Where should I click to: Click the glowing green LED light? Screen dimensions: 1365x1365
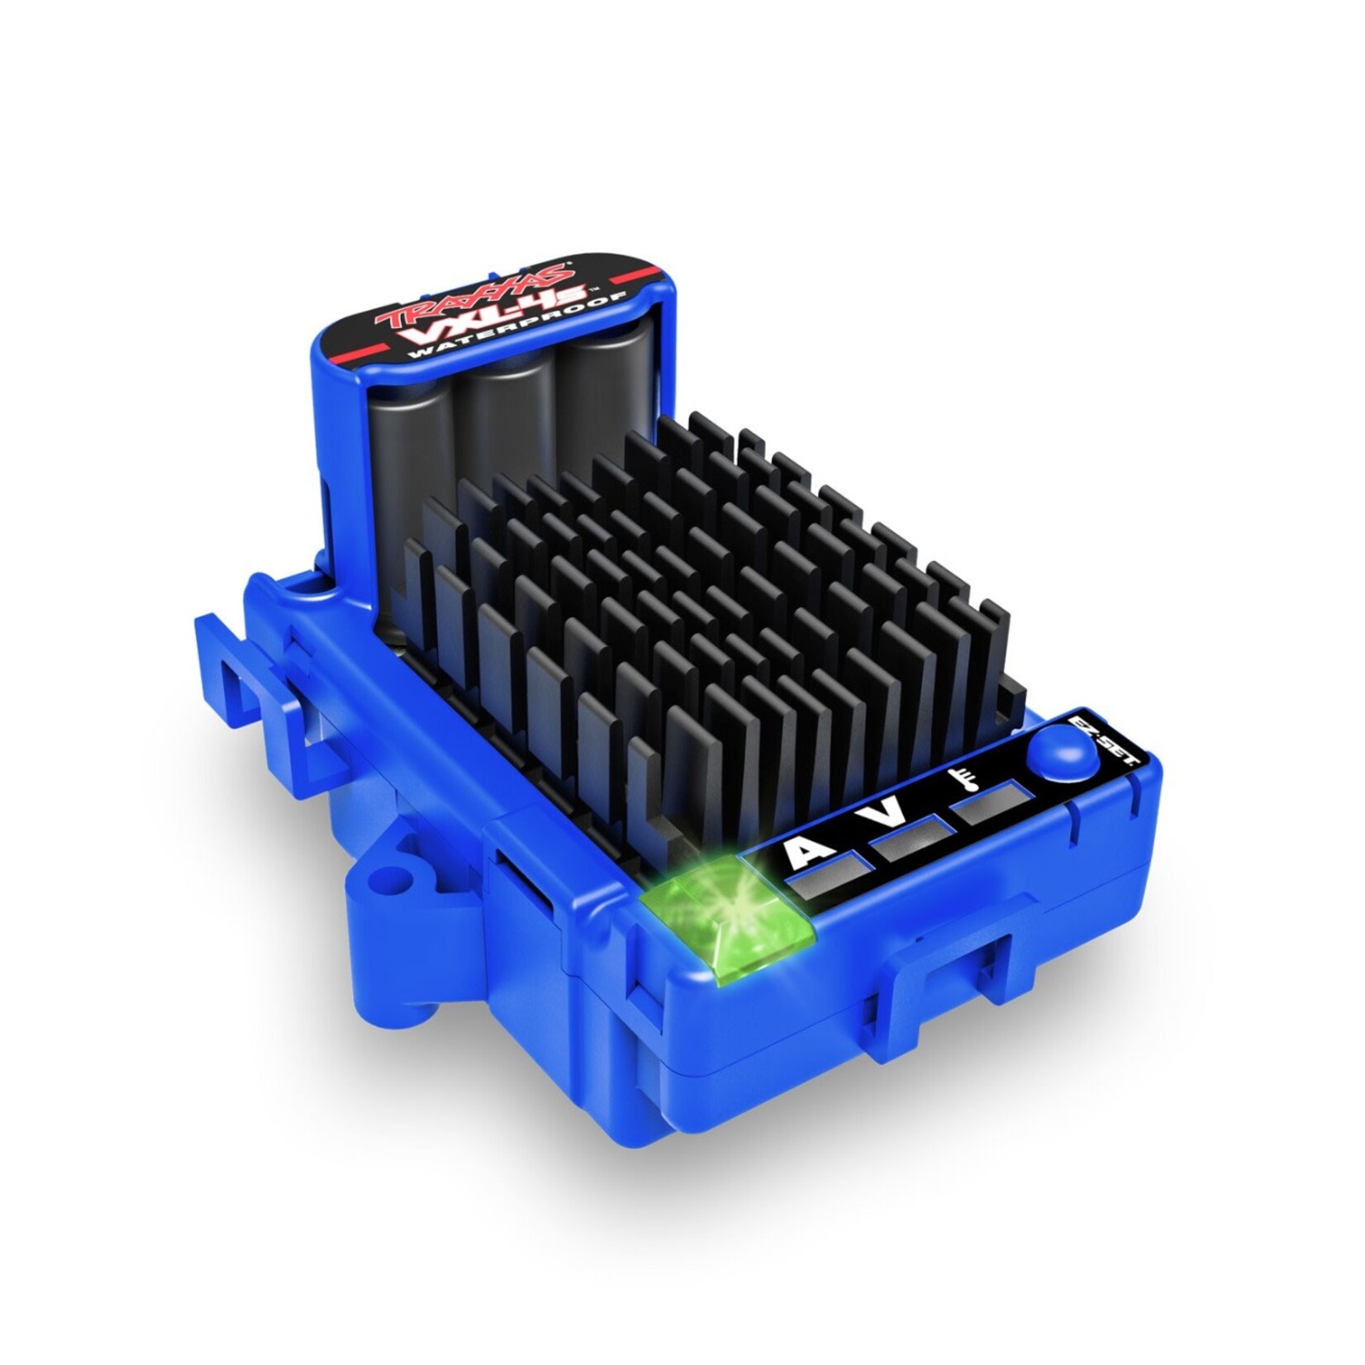(x=727, y=911)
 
